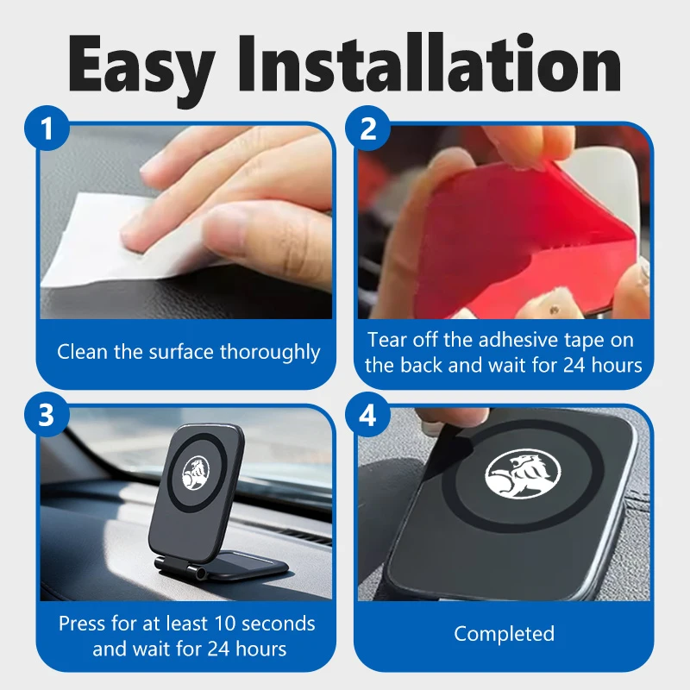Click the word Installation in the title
[x=430, y=63]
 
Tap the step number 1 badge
[x=47, y=128]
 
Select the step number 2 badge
[x=368, y=128]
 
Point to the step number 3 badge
[x=47, y=415]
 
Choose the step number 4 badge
[x=368, y=415]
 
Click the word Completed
[x=505, y=634]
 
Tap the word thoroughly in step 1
[x=270, y=353]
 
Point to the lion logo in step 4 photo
[x=523, y=474]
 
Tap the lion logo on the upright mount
[x=196, y=473]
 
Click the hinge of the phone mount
[x=181, y=568]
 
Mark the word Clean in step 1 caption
[x=82, y=352]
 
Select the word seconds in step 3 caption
[x=279, y=624]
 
